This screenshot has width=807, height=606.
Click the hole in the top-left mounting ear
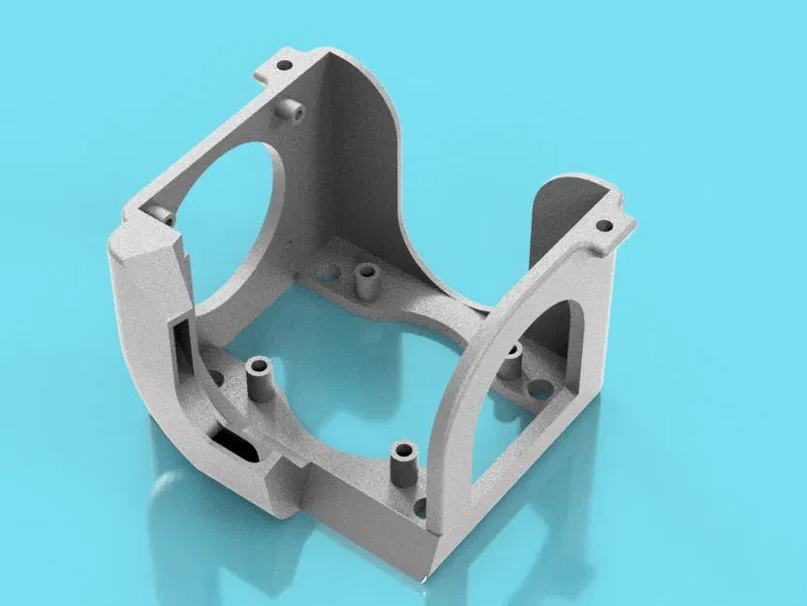coord(285,67)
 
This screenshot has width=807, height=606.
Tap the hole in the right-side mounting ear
coord(604,225)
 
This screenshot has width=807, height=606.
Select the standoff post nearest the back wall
coord(366,280)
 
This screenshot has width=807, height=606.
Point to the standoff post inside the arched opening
coord(512,363)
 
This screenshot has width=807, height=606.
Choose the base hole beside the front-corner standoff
coord(420,506)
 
